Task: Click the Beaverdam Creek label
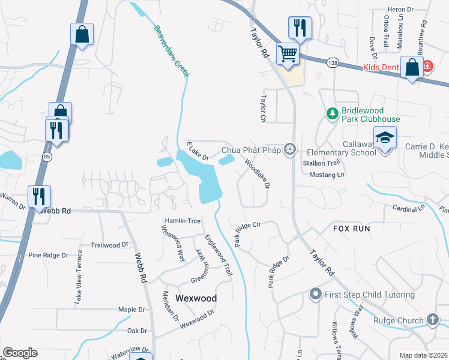[172, 50]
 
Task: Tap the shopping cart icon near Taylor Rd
[288, 53]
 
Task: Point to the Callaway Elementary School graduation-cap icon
[384, 138]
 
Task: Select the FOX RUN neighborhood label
[352, 229]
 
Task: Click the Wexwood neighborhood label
[196, 298]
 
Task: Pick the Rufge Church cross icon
[432, 320]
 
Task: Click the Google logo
[20, 353]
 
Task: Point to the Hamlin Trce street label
[182, 221]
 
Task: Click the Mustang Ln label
[327, 175]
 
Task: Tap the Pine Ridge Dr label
[48, 256]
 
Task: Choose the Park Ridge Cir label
[247, 233]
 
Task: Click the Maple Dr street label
[132, 310]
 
